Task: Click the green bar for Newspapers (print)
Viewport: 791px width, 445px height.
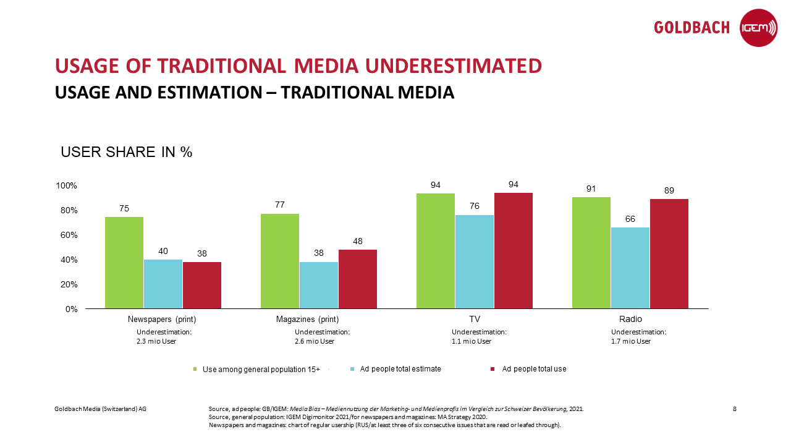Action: point(124,263)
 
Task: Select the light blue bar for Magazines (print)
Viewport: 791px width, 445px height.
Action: point(319,285)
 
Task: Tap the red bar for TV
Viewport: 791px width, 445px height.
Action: point(513,250)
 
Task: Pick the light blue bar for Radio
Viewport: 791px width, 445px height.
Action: point(630,268)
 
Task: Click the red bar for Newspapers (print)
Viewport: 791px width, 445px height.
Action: point(202,285)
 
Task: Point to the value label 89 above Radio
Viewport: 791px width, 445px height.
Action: point(669,191)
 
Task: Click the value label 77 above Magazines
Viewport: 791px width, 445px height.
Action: point(280,205)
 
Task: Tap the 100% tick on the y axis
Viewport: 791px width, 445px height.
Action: point(66,185)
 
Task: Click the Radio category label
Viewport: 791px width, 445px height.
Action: point(630,320)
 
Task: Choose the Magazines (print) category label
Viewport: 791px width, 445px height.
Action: point(307,320)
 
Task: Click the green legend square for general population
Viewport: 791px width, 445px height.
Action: point(195,369)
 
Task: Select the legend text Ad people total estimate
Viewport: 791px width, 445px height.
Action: point(400,369)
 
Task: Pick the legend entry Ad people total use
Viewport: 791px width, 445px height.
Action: point(534,369)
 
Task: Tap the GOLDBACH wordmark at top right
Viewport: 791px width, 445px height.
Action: point(692,28)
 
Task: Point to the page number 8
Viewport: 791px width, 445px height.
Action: point(734,409)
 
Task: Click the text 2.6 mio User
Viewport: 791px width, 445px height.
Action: point(315,341)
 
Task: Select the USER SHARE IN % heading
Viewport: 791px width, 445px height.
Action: point(127,153)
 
